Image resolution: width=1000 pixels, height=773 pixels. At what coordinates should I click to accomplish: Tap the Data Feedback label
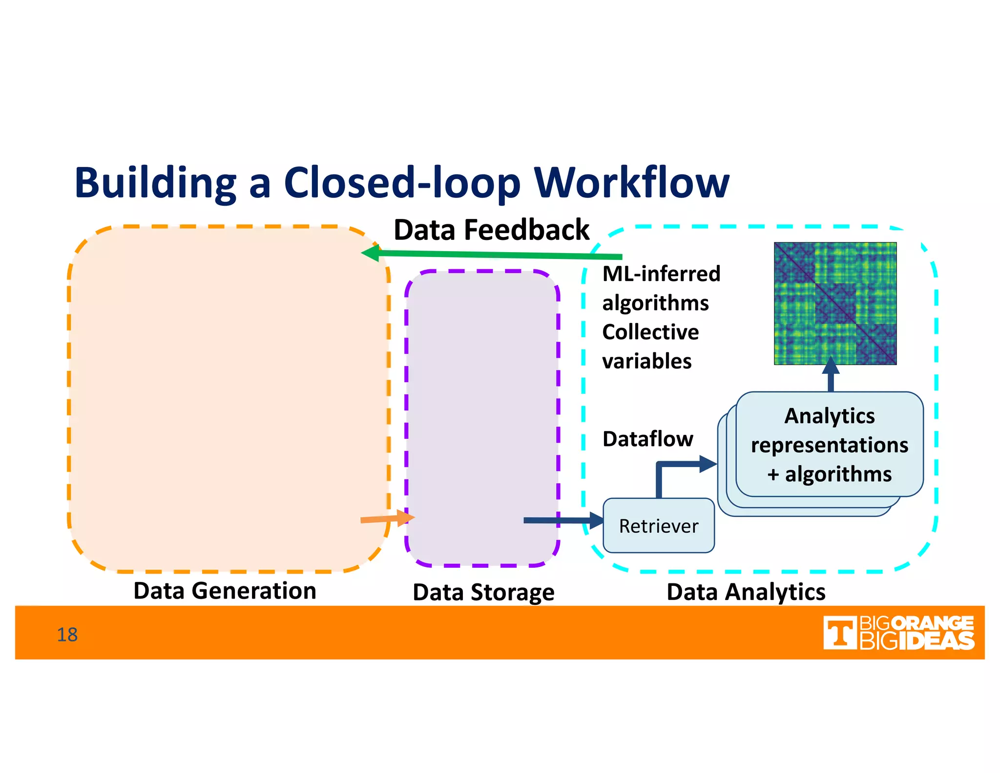pos(491,230)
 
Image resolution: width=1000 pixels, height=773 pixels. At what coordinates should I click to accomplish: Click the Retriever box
pos(659,526)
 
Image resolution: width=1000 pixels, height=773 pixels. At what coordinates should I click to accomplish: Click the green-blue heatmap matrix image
pos(835,303)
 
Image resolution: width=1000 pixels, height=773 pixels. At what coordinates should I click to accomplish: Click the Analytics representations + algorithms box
pos(829,445)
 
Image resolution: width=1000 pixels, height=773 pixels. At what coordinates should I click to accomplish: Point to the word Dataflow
pos(647,439)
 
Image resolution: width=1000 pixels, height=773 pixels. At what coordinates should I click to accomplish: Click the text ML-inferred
pos(661,274)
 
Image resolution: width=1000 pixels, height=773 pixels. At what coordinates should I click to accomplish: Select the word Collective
pos(650,332)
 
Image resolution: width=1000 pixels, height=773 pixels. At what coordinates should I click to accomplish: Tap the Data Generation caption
pos(225,591)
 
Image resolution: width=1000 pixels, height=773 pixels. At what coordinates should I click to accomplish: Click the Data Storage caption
pos(483,592)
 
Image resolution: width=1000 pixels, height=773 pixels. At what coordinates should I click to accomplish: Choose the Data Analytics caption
pos(746,592)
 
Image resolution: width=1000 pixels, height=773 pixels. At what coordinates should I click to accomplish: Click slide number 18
pos(67,635)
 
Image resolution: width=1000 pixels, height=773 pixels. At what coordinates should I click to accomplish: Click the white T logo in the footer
pos(839,633)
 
